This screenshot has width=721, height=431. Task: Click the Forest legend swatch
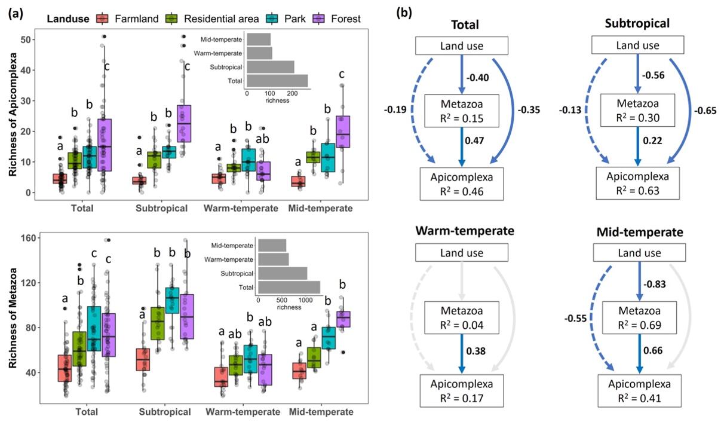point(318,19)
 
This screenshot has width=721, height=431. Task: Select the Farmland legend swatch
point(103,19)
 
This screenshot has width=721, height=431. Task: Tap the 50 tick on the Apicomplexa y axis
point(26,40)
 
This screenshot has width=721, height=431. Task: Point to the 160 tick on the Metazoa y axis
point(28,238)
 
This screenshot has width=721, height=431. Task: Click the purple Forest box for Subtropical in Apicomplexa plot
point(184,123)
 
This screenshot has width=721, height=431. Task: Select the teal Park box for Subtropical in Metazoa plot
point(172,300)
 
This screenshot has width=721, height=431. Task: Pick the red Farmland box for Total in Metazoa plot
point(65,368)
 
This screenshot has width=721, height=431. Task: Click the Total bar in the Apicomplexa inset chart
point(277,81)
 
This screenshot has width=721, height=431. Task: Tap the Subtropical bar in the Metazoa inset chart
point(283,273)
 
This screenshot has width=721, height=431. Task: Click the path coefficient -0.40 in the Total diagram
point(478,78)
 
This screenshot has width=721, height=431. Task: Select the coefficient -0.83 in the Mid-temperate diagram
point(655,284)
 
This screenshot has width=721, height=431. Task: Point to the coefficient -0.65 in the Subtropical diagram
point(705,111)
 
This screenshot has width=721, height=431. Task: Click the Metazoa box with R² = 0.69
point(639,317)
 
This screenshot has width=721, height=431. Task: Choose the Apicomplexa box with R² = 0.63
point(637,184)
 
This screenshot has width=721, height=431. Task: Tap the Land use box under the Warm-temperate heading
point(462,252)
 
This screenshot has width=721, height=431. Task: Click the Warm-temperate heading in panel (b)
point(465,231)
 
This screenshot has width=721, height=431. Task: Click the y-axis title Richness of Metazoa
point(13,318)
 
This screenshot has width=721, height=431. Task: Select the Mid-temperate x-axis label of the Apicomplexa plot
point(320,209)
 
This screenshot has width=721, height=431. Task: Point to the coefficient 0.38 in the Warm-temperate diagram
point(475,350)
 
